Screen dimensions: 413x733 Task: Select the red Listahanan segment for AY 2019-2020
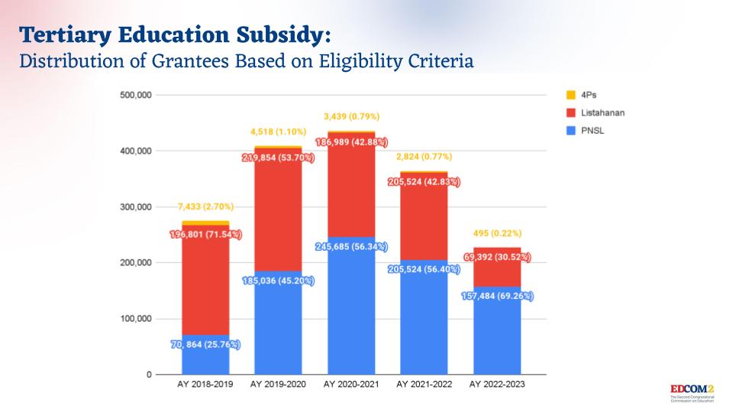pos(278,222)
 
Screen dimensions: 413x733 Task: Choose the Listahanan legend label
pos(603,112)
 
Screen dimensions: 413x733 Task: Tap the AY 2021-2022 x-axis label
pos(425,384)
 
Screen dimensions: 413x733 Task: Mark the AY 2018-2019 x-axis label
pos(205,384)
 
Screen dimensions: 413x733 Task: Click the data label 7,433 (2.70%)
pos(205,206)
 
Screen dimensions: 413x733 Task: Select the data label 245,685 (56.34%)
pos(350,247)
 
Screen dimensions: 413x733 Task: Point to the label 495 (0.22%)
pos(497,233)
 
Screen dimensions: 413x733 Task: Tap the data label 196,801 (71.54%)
pos(205,234)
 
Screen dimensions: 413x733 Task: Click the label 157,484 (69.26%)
pos(497,296)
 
